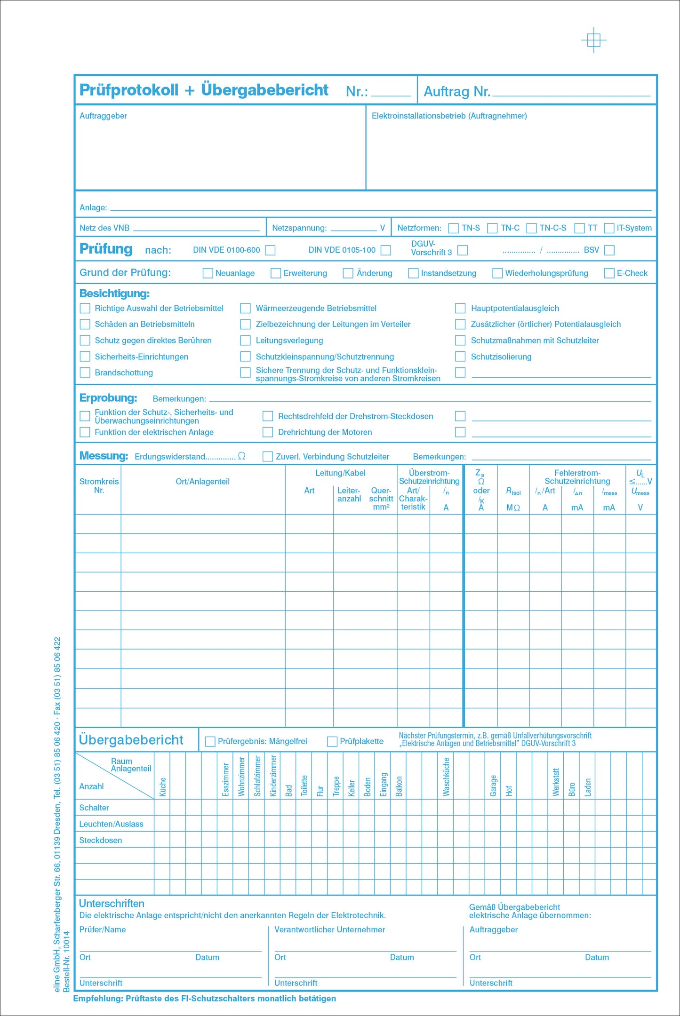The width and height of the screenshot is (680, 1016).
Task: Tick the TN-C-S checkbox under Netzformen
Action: coord(531,228)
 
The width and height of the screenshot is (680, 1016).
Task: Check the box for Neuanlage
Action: coord(208,273)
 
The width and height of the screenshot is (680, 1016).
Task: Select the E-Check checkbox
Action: coord(609,273)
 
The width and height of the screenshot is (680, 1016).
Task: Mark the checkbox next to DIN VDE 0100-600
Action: coord(270,250)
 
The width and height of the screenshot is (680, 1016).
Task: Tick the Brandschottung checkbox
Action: coord(85,373)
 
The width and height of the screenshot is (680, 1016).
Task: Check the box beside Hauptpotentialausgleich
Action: coord(460,309)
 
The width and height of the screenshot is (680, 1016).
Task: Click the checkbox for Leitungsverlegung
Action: coord(245,341)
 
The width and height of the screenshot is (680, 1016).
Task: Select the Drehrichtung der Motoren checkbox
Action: coord(268,432)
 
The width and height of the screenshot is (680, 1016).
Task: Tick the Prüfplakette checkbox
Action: coord(332,742)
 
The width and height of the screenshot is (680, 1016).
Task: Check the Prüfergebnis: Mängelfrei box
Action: coord(210,742)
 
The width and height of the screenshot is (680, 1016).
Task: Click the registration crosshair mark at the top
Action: coord(594,40)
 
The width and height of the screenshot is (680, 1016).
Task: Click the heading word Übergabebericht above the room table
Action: coord(131,740)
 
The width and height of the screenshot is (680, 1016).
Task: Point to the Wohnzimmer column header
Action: coord(242,777)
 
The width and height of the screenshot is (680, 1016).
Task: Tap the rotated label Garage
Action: coord(493,786)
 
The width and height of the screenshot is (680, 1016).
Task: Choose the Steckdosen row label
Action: coord(101,840)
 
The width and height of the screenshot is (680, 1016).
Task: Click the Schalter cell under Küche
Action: coord(162,808)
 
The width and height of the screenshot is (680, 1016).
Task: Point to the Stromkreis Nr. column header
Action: coord(99,486)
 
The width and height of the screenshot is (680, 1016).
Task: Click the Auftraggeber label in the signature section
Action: coord(494,929)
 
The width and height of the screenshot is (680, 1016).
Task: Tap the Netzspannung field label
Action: coord(299,228)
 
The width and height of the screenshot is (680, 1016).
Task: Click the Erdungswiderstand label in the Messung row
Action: coord(170,457)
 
